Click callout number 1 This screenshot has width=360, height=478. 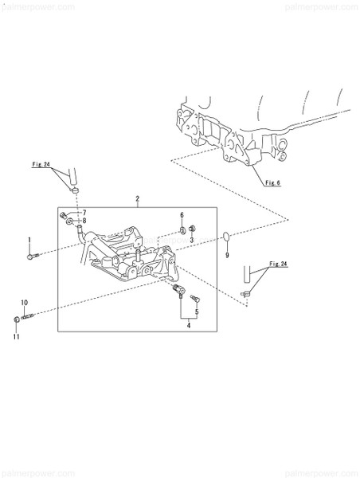click(x=30, y=240)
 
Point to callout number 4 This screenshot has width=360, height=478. click(x=188, y=325)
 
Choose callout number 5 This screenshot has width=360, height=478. click(x=196, y=311)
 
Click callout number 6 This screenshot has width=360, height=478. click(x=182, y=216)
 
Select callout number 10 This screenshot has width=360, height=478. click(x=24, y=302)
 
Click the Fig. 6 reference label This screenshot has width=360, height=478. click(x=273, y=182)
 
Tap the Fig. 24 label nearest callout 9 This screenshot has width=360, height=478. click(x=277, y=263)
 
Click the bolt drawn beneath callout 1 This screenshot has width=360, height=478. click(x=31, y=255)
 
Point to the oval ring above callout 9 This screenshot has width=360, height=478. click(x=226, y=236)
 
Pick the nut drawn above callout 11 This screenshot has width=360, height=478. click(x=18, y=320)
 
